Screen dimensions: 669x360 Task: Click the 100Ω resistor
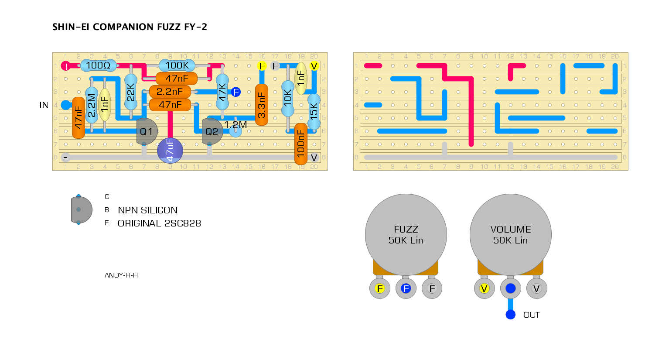click(x=98, y=65)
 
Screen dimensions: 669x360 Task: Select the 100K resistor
click(x=177, y=65)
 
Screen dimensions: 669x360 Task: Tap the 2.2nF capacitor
click(x=170, y=92)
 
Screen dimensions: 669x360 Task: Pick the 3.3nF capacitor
click(x=262, y=105)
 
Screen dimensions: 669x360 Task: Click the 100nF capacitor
click(x=301, y=144)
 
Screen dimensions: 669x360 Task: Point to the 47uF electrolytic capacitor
click(x=170, y=150)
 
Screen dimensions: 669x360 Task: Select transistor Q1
click(x=147, y=131)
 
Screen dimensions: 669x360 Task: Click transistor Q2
click(x=212, y=131)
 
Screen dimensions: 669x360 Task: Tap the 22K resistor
click(x=131, y=92)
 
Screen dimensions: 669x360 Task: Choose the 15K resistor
click(x=314, y=111)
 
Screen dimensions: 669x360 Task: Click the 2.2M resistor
click(x=92, y=105)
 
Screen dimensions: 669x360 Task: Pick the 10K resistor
click(x=288, y=98)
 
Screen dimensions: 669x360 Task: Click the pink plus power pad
click(x=66, y=66)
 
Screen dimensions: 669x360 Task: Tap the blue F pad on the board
click(x=236, y=92)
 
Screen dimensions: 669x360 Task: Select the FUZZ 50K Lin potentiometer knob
click(x=406, y=234)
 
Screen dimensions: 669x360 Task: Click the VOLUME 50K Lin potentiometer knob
click(x=510, y=234)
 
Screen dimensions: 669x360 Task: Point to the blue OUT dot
click(x=510, y=315)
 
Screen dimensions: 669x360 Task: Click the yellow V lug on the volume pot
click(x=484, y=288)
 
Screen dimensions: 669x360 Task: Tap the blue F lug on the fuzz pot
click(x=406, y=288)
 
